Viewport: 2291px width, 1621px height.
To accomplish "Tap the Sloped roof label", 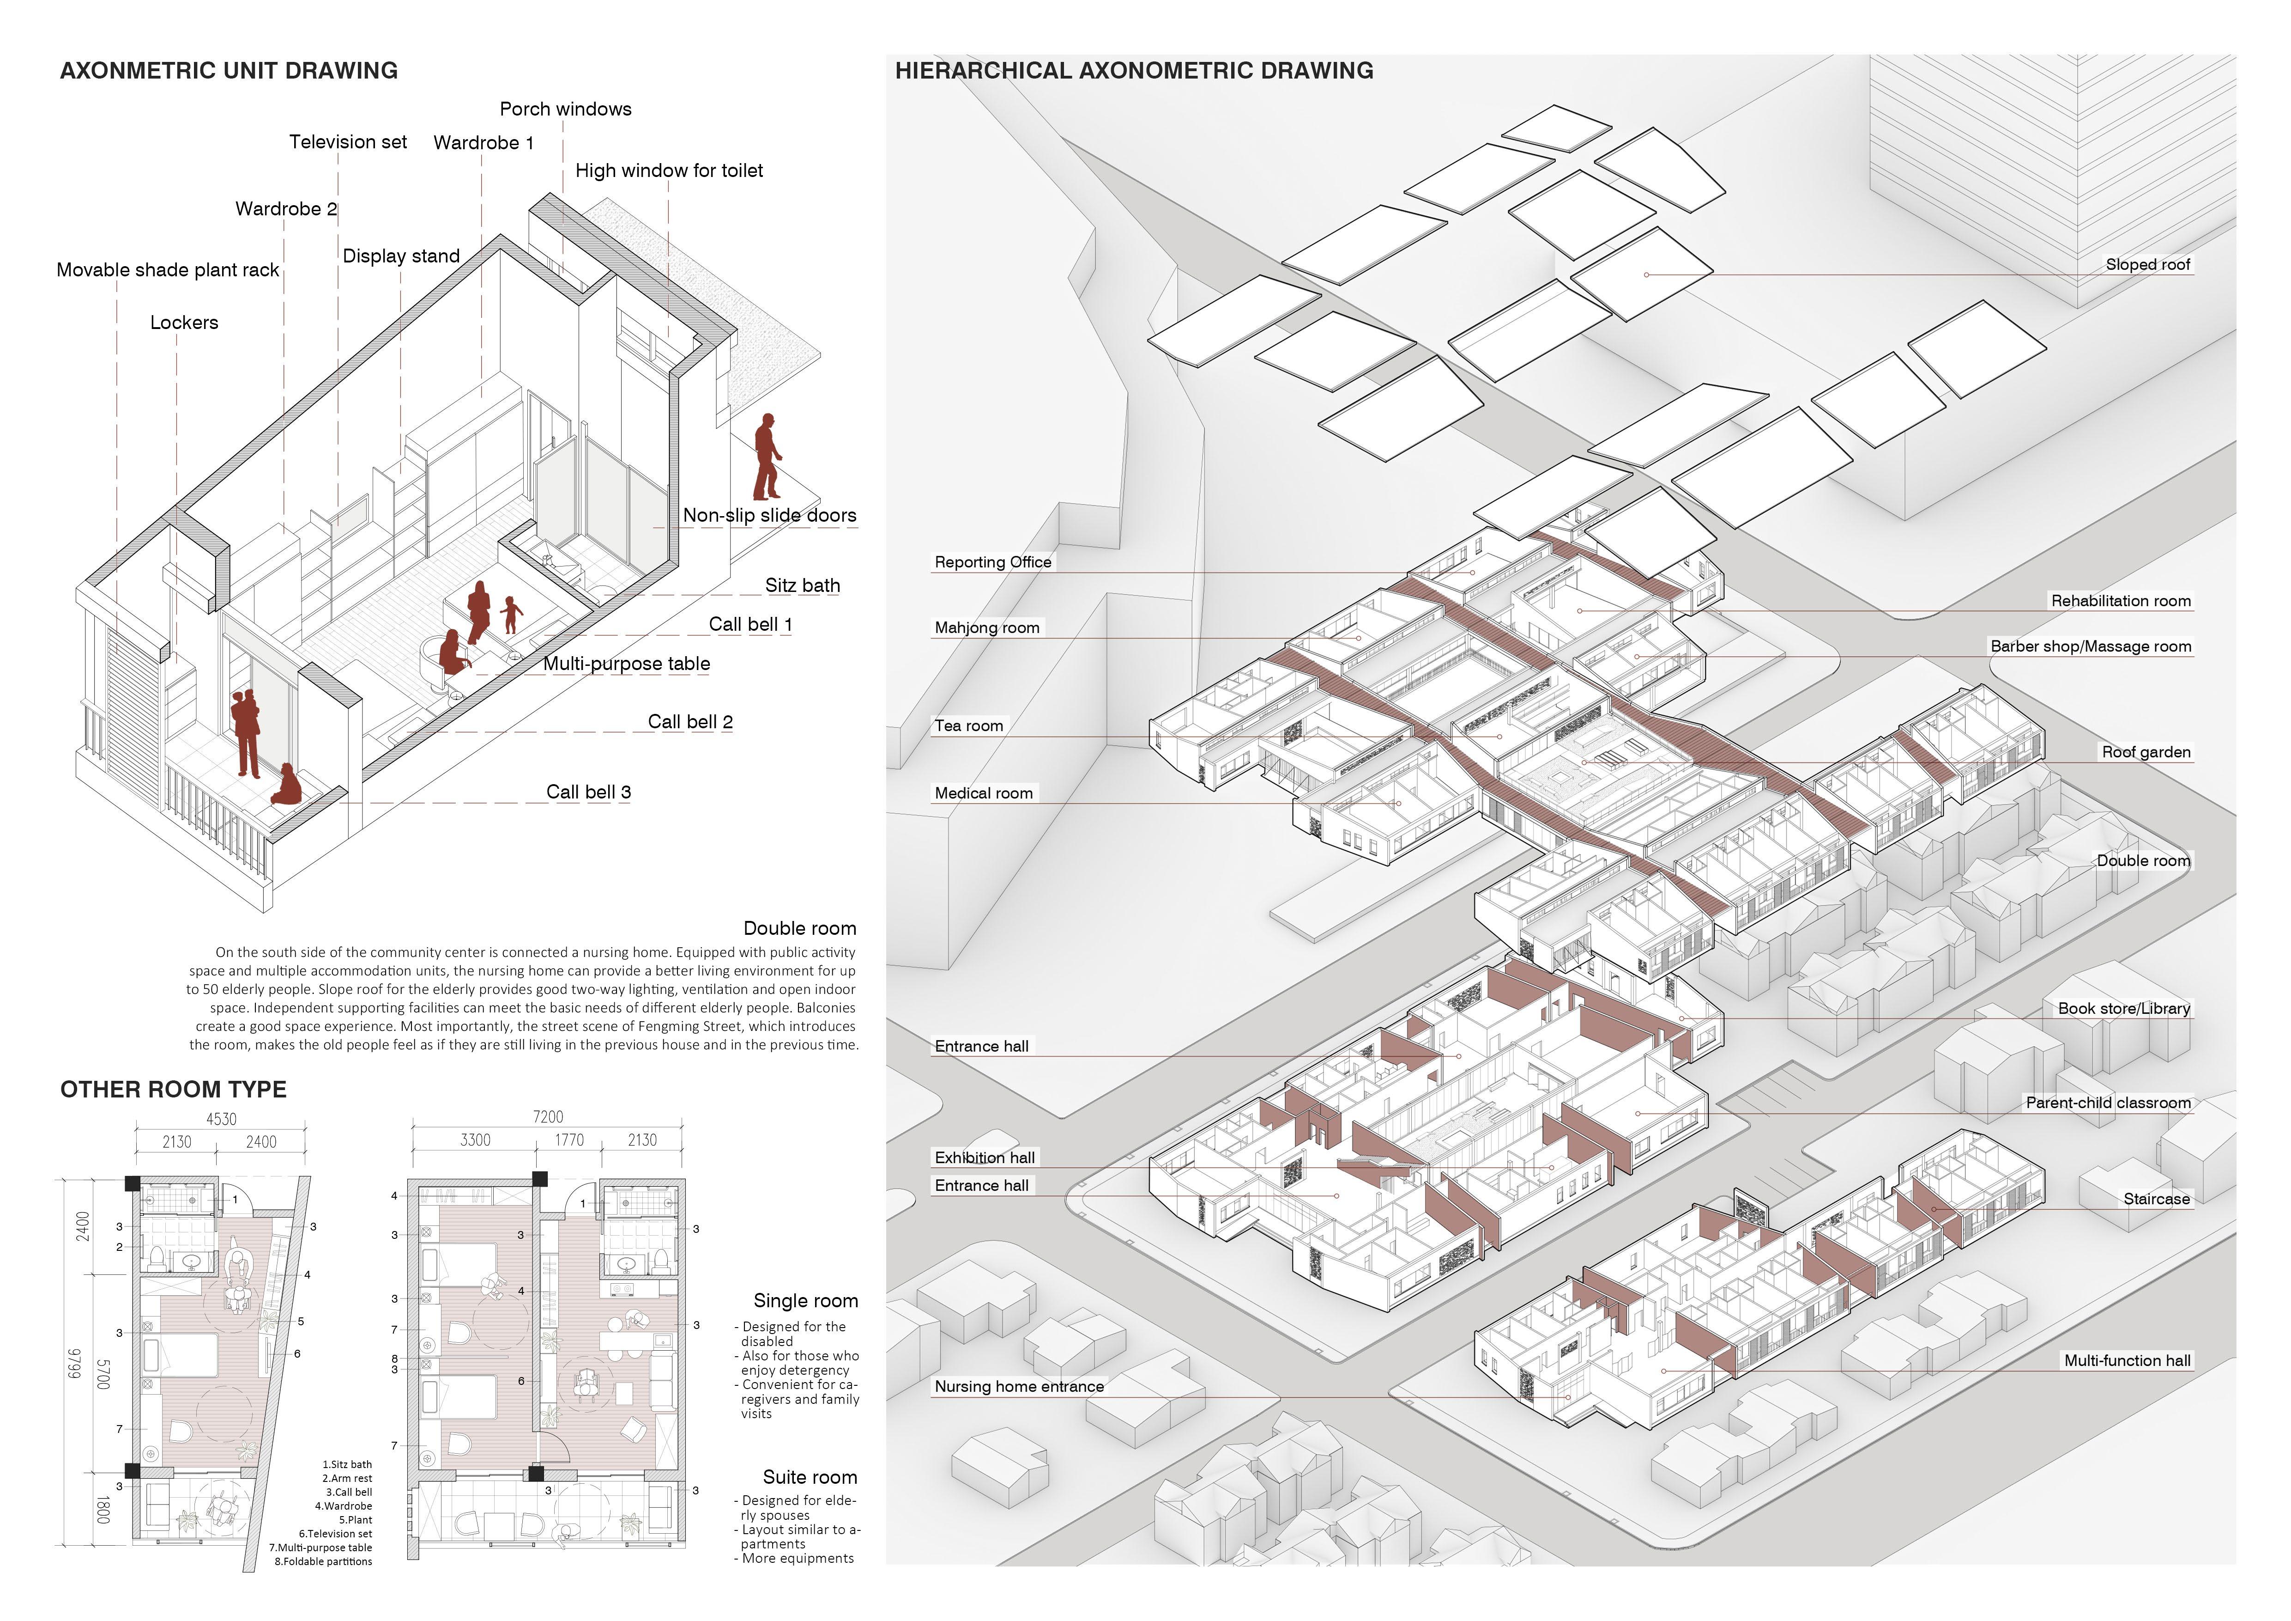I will [x=2147, y=264].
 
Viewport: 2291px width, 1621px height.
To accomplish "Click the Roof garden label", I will [x=2146, y=753].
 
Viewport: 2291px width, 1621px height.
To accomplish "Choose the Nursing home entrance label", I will [x=1019, y=1386].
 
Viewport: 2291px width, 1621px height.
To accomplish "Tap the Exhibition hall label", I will [x=984, y=1158].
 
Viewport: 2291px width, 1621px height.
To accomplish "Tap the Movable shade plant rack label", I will [x=168, y=270].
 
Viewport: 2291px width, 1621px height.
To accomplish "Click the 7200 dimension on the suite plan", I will [x=548, y=1117].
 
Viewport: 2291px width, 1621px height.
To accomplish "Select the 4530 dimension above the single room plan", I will [x=222, y=1119].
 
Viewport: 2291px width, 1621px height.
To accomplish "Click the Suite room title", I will [x=809, y=1477].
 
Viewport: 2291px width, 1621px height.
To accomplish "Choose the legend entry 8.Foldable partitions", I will [x=323, y=1561].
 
